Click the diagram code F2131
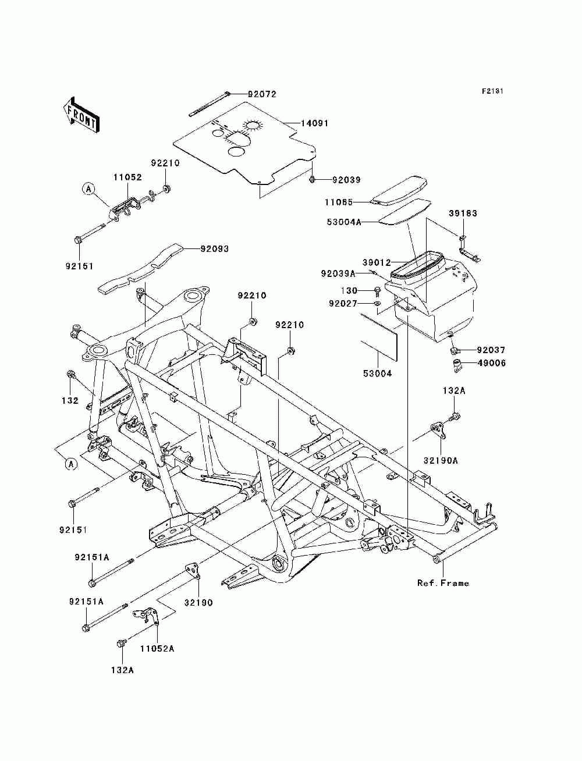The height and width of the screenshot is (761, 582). [492, 91]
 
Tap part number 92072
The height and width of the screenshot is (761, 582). [262, 94]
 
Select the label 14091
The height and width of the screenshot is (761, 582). [314, 123]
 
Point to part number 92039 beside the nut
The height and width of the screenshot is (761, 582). [346, 180]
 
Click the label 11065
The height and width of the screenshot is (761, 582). [339, 202]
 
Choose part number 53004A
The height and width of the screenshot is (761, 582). [344, 222]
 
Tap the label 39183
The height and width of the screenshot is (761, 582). [463, 213]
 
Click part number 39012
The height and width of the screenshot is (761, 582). [377, 263]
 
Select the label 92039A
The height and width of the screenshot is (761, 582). [338, 274]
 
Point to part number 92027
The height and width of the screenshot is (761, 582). [343, 304]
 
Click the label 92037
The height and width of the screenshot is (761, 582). [491, 350]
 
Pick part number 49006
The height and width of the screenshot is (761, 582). [491, 364]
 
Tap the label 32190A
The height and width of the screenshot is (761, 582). [441, 461]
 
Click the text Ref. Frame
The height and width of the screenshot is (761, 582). [443, 583]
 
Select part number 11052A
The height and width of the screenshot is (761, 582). [157, 649]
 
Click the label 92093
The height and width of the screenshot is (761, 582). [214, 249]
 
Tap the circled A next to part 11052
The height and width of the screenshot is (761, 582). [88, 189]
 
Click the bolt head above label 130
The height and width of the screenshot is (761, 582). [378, 290]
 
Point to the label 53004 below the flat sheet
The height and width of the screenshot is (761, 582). [377, 374]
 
